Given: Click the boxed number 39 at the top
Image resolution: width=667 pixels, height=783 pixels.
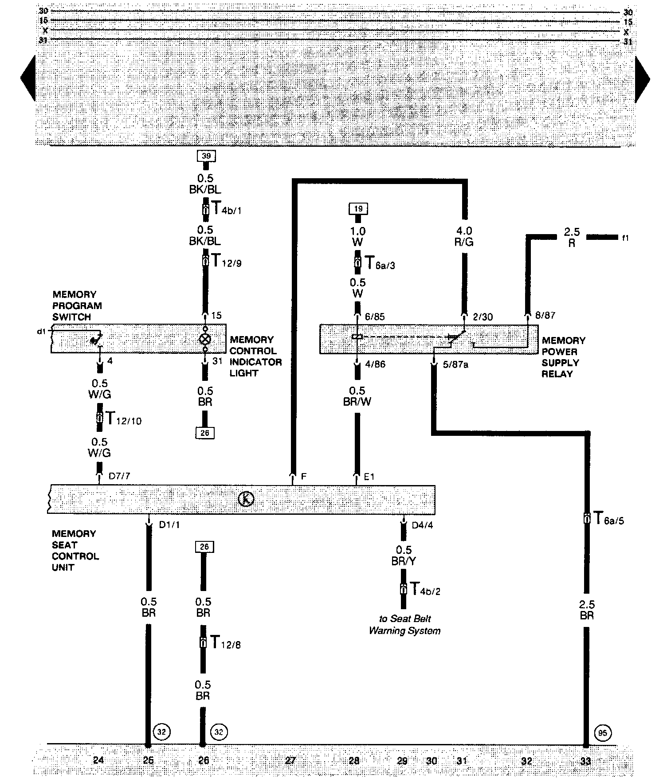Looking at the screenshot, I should click(x=206, y=156).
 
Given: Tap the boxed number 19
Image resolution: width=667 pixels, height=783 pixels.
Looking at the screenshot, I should click(x=358, y=208).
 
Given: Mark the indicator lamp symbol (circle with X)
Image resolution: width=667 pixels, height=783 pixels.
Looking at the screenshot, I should click(x=205, y=339).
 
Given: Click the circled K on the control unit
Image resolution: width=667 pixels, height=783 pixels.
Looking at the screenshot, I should click(x=246, y=499).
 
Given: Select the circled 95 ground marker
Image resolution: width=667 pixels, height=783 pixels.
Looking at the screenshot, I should click(x=602, y=732).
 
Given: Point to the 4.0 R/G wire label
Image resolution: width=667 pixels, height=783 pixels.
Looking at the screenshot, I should click(x=464, y=236).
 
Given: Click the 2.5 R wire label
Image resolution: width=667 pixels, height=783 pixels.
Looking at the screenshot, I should click(x=572, y=237).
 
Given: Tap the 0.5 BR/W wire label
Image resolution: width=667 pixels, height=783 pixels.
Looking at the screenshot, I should click(x=357, y=396).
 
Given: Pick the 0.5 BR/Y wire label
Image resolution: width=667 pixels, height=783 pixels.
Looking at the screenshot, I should click(x=404, y=556).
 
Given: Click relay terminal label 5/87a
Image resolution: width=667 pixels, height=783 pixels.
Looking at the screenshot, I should click(x=455, y=364).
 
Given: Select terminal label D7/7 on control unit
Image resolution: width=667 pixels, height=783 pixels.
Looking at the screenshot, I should click(x=119, y=476).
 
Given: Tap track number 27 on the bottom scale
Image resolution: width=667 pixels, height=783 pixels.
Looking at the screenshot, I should click(x=290, y=760).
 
